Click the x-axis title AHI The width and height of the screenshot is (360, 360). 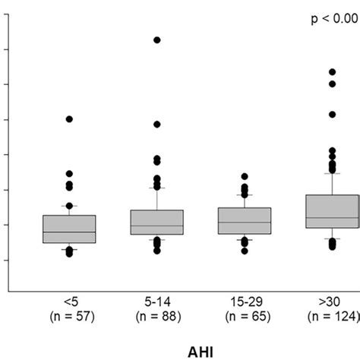(x=179, y=341)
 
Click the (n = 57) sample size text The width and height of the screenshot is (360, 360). (x=69, y=314)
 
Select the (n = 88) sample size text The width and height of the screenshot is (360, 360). (x=156, y=314)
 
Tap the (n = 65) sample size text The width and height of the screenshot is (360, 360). (x=244, y=314)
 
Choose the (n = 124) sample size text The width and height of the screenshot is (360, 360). (x=333, y=314)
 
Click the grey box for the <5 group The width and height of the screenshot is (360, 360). (x=69, y=229)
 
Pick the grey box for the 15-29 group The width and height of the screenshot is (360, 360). (x=244, y=220)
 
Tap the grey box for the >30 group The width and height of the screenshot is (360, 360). (x=332, y=211)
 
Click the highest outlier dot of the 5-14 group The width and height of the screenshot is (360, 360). (x=156, y=39)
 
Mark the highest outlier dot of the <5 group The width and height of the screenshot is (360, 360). (x=69, y=119)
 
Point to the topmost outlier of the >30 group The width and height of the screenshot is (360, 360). (x=332, y=72)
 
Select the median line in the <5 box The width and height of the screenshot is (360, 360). (x=69, y=232)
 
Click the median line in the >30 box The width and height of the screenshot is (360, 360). (x=332, y=218)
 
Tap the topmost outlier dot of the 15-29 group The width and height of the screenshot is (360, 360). (x=245, y=176)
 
